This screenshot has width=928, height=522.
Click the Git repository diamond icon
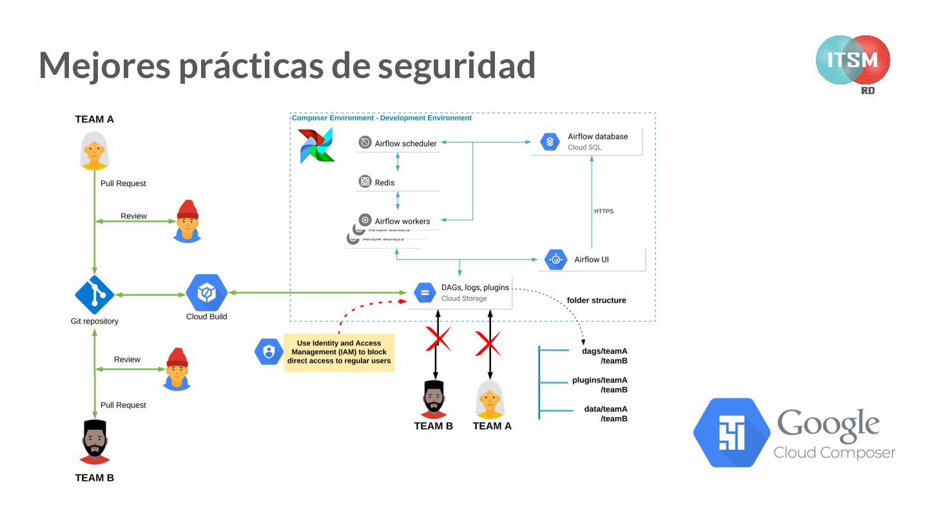94,295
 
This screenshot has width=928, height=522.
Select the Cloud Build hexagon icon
206,293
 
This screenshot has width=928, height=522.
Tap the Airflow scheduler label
405,143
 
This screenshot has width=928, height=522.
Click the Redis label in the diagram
384,182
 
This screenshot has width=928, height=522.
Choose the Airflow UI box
591,260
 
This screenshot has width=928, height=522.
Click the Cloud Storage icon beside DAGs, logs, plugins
424,293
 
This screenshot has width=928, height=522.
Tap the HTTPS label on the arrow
604,211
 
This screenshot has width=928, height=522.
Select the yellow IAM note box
339,352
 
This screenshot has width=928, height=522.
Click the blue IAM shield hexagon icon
268,352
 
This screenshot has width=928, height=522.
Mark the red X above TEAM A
488,343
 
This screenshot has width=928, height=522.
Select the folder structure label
596,300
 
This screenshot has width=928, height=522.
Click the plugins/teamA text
599,380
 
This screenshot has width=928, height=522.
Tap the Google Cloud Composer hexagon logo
731,432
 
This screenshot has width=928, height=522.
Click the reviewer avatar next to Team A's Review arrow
187,221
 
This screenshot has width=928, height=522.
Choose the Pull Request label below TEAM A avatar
123,184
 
